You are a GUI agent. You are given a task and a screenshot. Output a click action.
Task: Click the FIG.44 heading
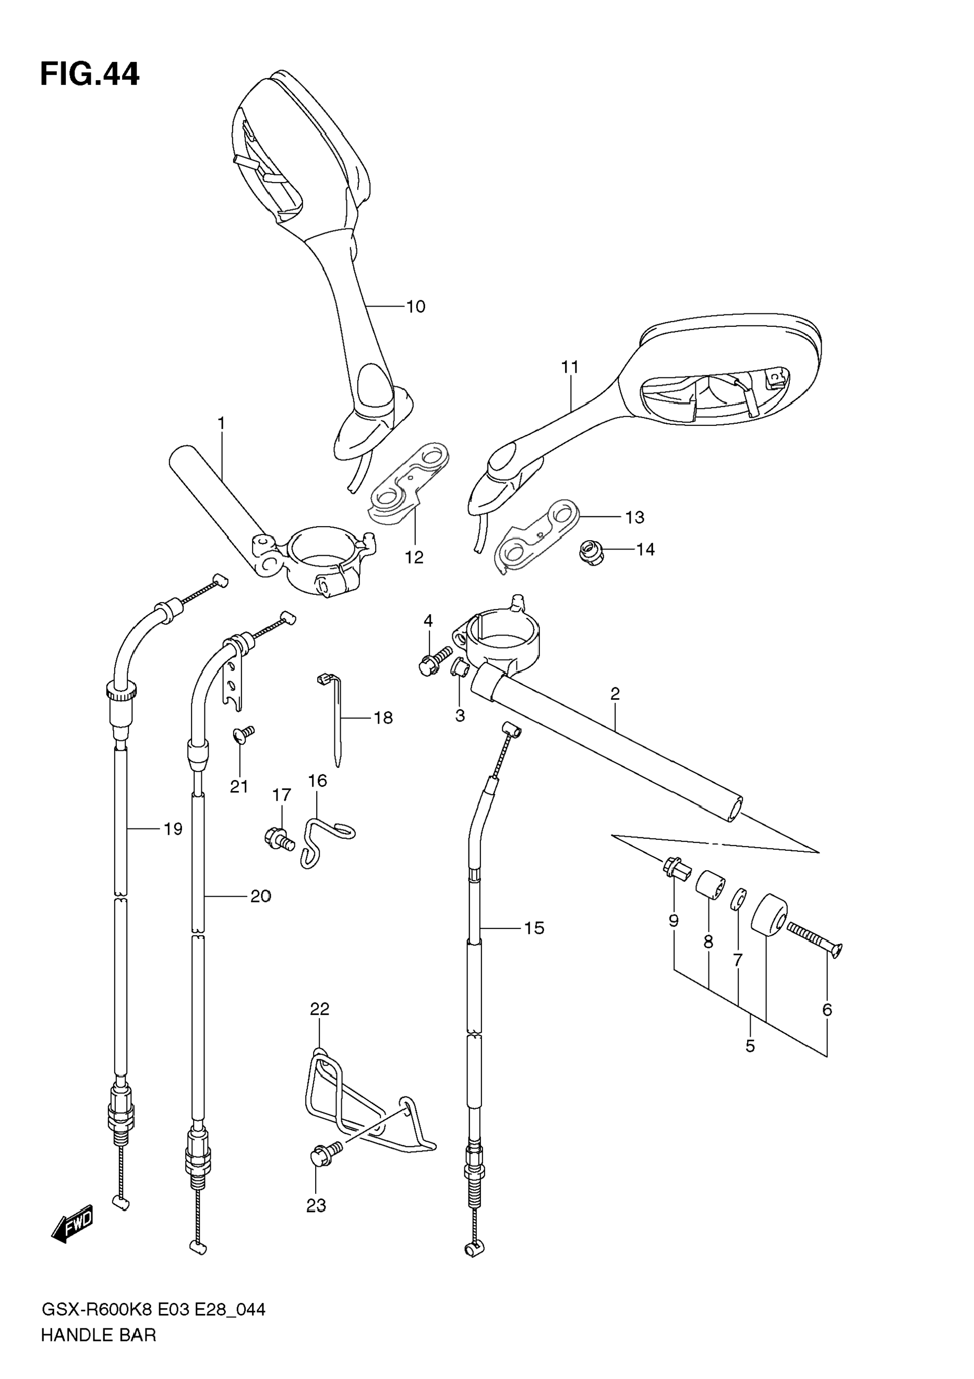[90, 75]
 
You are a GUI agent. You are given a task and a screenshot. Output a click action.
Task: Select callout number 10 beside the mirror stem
[415, 307]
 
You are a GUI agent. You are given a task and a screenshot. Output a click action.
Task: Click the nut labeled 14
[591, 552]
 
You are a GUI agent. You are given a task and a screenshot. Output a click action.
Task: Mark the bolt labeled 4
[434, 661]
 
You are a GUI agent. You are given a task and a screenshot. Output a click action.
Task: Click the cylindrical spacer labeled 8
[710, 886]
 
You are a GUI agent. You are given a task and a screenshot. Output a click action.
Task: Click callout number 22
[320, 1009]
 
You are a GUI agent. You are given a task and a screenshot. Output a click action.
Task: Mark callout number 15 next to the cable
[534, 928]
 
